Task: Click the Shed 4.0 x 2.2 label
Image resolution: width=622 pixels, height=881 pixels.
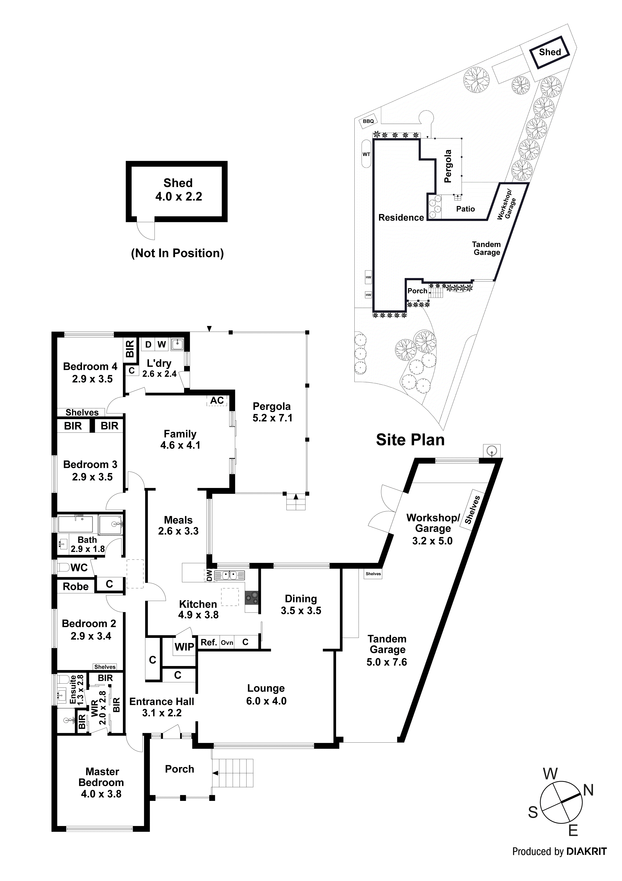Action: (178, 190)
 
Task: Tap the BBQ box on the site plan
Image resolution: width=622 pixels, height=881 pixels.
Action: (368, 121)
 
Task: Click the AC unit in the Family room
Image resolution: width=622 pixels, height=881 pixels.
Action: (217, 401)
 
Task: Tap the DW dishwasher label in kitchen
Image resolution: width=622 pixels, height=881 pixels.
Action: (209, 575)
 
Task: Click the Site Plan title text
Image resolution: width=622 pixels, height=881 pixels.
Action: (410, 440)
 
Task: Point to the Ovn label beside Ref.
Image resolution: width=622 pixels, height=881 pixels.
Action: (227, 643)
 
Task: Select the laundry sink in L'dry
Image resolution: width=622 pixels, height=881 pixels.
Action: (177, 344)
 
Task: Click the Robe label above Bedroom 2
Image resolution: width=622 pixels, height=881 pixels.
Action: (75, 587)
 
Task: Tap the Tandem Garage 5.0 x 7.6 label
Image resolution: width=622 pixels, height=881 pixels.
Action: (387, 650)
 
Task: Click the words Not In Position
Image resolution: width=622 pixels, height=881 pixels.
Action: (177, 253)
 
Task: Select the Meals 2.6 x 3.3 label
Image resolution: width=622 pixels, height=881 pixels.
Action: (178, 525)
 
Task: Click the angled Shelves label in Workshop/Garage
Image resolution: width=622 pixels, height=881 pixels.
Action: (472, 510)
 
